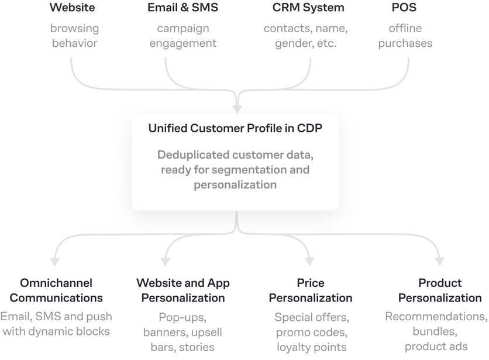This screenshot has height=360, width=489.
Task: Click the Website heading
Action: click(73, 7)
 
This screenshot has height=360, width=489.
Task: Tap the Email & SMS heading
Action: click(182, 7)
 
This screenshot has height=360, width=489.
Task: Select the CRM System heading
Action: click(308, 8)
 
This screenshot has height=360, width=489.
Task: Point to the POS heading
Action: click(404, 7)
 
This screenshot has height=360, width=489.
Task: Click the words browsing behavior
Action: click(74, 36)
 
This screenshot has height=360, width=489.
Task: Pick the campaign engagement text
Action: click(183, 36)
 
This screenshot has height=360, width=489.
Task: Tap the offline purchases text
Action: click(405, 36)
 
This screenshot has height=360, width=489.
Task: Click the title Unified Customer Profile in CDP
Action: click(235, 128)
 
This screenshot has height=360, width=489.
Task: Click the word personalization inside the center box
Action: click(235, 185)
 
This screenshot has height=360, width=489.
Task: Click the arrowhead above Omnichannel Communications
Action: click(54, 262)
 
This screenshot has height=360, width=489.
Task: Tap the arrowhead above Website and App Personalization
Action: click(166, 262)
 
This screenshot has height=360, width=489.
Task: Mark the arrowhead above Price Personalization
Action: click(309, 262)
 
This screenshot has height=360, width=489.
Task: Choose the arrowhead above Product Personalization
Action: click(439, 262)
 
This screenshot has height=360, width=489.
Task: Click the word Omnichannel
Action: click(56, 283)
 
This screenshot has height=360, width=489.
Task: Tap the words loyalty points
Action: click(312, 347)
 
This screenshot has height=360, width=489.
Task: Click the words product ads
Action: click(436, 347)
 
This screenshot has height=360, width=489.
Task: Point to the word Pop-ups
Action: click(182, 317)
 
